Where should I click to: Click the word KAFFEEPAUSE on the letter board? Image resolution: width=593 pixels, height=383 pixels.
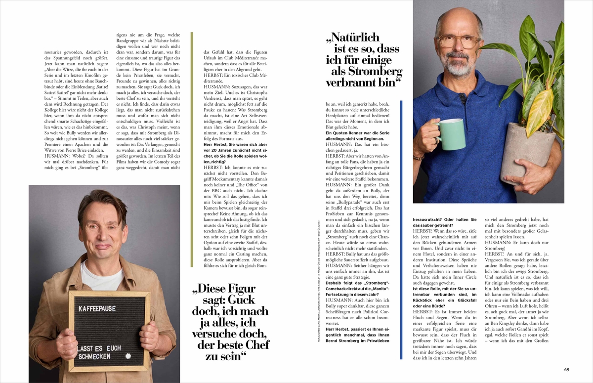(x=97, y=309)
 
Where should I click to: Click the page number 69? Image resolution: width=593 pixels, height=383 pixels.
(x=567, y=369)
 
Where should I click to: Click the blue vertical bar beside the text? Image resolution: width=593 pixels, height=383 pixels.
(x=401, y=230)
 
